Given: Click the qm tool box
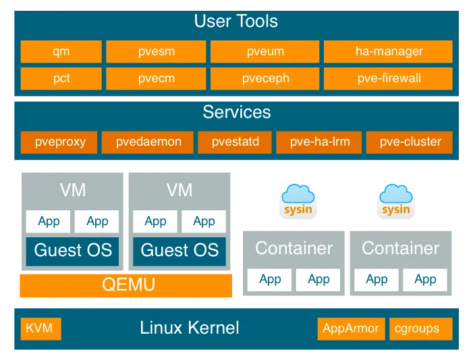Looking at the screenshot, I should [61, 51].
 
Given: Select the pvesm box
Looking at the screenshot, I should [156, 51].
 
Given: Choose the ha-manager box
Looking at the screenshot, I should [389, 51].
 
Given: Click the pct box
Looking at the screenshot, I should [61, 78].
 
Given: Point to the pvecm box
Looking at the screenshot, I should [156, 78].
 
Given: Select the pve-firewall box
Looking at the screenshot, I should [389, 78].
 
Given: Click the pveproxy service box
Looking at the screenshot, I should [57, 142].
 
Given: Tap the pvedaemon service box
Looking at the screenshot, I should [148, 142].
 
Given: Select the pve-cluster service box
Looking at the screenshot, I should [410, 142].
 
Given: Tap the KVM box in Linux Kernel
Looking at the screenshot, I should [40, 329].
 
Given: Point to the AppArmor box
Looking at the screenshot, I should [351, 329].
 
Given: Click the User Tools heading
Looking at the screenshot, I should [235, 22].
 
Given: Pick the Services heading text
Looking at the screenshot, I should [236, 112].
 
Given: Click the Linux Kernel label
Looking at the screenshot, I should [190, 329].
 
